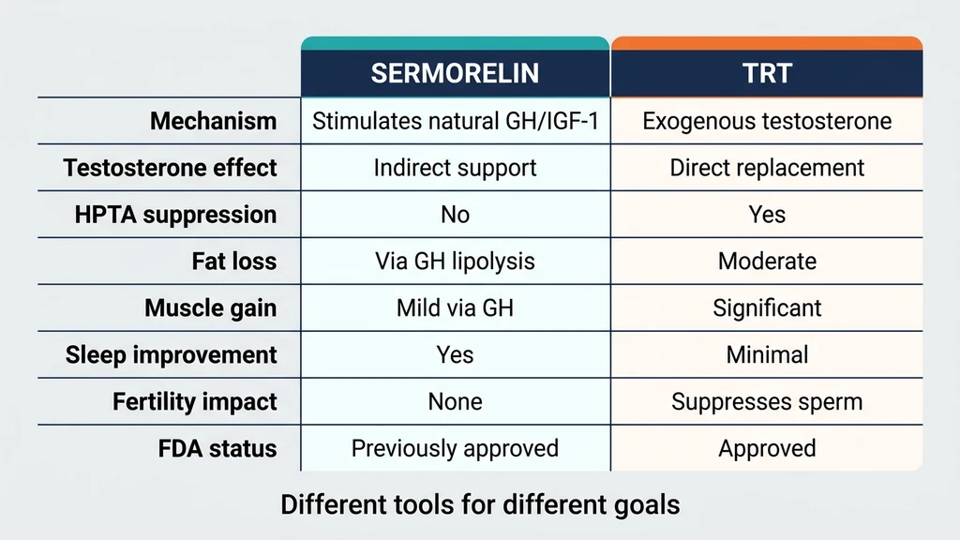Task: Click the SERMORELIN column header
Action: coord(455,74)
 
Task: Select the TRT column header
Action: coord(767,74)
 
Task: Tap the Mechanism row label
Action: coord(214,121)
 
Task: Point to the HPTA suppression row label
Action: coord(176,215)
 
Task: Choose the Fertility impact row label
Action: coord(195,402)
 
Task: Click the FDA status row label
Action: coord(217,449)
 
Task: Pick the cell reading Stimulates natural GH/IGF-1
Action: coord(455,121)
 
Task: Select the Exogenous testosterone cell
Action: coord(767,121)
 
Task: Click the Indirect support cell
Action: coord(455,168)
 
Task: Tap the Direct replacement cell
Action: coord(767,168)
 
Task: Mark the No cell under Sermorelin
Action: coord(455,215)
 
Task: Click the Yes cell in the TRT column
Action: coord(767,215)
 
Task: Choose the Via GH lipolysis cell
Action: coord(455,262)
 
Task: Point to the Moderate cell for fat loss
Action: coord(767,262)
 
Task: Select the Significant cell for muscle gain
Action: coord(767,308)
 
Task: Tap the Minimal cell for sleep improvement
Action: coord(767,355)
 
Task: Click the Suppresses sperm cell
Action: coord(767,402)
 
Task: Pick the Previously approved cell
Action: coord(455,449)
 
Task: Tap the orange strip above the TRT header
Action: coord(767,43)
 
